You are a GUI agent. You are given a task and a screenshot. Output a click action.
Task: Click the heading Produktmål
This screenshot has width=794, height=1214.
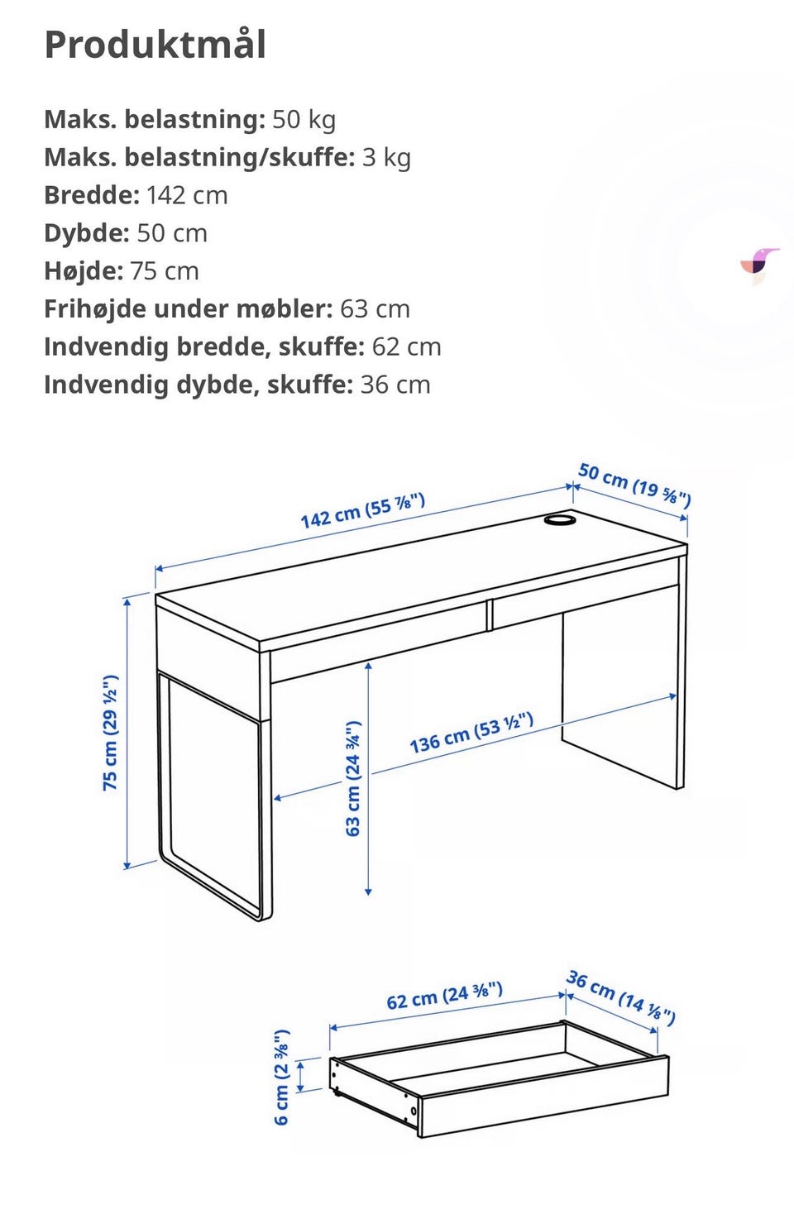pyautogui.click(x=155, y=45)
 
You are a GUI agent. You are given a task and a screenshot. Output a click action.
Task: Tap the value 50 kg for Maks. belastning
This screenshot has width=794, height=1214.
pyautogui.click(x=304, y=119)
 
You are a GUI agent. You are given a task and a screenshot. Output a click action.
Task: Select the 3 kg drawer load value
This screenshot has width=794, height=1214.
pyautogui.click(x=386, y=157)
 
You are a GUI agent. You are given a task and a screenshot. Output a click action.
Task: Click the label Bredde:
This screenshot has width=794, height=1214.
pyautogui.click(x=92, y=195)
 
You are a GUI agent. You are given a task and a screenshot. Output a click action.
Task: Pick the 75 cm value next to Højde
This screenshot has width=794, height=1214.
pyautogui.click(x=165, y=271)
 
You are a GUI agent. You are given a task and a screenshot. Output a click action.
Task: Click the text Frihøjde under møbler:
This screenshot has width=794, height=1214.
pyautogui.click(x=188, y=309)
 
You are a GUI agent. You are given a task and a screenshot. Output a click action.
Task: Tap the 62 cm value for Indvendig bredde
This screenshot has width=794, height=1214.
pyautogui.click(x=406, y=347)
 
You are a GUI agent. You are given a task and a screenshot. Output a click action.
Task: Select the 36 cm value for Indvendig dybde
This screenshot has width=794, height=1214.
pyautogui.click(x=395, y=385)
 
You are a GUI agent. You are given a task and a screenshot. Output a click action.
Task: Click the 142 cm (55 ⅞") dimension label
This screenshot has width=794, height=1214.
pyautogui.click(x=362, y=509)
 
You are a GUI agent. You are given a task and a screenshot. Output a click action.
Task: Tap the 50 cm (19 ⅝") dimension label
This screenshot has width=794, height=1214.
pyautogui.click(x=634, y=484)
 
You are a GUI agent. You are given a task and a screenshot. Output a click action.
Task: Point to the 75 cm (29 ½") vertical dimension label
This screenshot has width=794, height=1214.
pyautogui.click(x=110, y=733)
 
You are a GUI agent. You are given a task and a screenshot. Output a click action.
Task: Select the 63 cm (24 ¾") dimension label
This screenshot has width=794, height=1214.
pyautogui.click(x=353, y=778)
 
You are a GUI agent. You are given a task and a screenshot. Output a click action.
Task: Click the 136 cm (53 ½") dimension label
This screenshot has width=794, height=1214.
pyautogui.click(x=471, y=733)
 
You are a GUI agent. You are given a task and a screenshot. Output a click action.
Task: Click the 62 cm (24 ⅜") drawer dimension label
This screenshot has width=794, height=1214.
pyautogui.click(x=444, y=996)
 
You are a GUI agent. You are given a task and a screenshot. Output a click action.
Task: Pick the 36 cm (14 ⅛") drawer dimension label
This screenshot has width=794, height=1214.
pyautogui.click(x=621, y=997)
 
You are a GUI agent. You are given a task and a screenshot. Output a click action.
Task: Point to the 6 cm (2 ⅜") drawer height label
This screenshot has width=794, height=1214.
pyautogui.click(x=282, y=1077)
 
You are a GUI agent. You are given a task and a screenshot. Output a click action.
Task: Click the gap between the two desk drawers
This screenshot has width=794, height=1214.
pyautogui.click(x=490, y=614)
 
